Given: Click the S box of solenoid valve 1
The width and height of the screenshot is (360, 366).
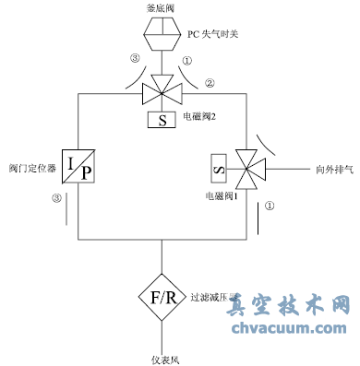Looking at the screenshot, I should pos(220,169).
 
